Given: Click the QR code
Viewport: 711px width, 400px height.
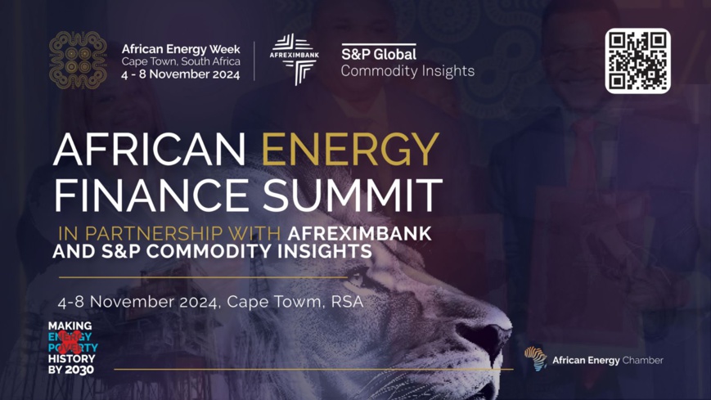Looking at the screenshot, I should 637,61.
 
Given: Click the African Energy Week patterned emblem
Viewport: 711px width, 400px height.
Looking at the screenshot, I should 78,60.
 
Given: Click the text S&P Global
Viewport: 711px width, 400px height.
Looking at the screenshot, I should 379,54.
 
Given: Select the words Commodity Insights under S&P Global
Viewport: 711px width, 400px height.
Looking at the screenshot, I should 407,71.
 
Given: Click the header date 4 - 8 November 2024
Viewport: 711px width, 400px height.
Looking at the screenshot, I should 180,74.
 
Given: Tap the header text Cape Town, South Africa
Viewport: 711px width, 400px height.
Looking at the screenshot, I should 180,61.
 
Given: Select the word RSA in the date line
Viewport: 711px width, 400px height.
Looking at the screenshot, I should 347,301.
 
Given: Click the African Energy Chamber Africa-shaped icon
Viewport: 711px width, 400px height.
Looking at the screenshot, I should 536,358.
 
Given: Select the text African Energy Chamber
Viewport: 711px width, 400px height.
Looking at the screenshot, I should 608,360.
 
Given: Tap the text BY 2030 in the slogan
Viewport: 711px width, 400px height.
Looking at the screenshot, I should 70,369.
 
